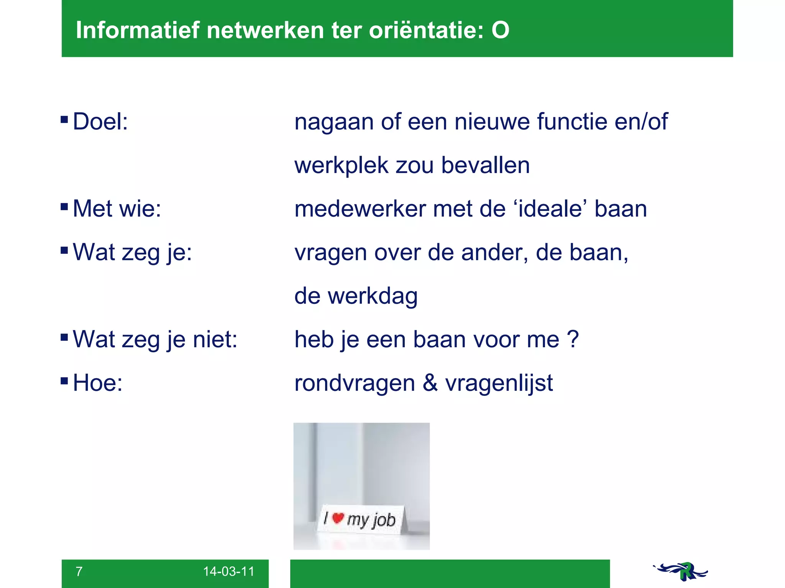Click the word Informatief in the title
pos(138,30)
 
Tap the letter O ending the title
pos(500,30)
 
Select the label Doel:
pos(100,122)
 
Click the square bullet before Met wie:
pos(64,207)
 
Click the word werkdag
pos(373,296)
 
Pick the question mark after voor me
pos(572,339)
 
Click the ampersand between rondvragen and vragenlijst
pos(430,383)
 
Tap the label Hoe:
pos(97,383)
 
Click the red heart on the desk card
pos(338,518)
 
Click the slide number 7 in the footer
pos(79,572)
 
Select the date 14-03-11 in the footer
pos(228,572)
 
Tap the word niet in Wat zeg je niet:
pos(215,339)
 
